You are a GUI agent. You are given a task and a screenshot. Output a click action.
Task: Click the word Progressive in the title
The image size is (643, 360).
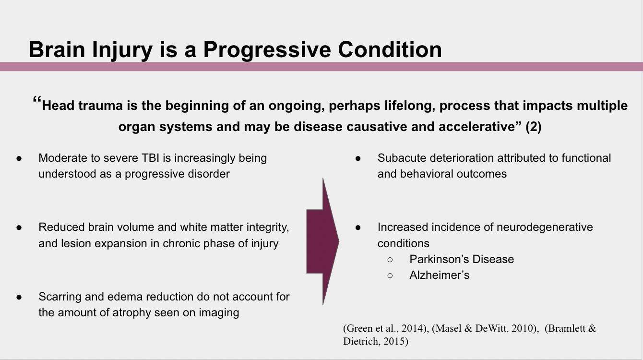click(x=267, y=50)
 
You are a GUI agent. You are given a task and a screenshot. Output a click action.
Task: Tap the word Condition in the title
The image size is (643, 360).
click(x=390, y=49)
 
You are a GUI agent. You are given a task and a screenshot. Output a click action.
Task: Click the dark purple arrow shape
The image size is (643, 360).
click(x=322, y=241)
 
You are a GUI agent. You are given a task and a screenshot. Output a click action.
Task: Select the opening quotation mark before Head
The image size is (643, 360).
click(x=37, y=100)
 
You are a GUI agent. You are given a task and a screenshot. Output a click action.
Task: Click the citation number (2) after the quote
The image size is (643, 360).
click(x=533, y=127)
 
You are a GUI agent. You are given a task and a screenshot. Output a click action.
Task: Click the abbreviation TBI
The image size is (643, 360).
click(x=150, y=158)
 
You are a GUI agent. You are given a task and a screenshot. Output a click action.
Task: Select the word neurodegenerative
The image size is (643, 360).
click(x=545, y=227)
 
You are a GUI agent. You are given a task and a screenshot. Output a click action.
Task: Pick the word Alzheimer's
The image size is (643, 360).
click(x=439, y=275)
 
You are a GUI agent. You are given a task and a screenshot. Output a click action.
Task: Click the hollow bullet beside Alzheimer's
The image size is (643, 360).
click(x=390, y=276)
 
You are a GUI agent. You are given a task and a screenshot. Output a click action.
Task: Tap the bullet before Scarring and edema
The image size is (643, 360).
click(x=19, y=297)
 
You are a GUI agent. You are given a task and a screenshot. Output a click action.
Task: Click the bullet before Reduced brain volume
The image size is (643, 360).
click(x=19, y=228)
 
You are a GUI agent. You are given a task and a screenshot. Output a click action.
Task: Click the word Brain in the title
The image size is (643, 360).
click(x=57, y=49)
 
